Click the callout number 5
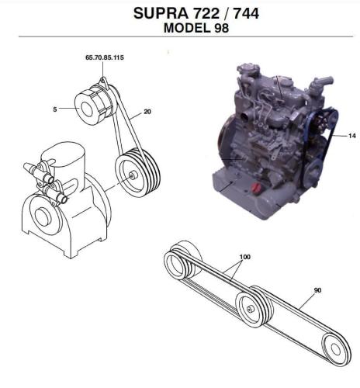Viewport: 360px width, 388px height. [x=55, y=109]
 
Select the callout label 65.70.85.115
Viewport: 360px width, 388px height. [x=105, y=57]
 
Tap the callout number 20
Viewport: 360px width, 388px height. [x=147, y=112]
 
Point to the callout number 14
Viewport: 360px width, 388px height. [x=352, y=136]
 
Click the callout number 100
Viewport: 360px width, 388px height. [x=245, y=257]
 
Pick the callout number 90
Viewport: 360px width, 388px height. [x=317, y=290]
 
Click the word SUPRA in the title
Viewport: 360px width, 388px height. [x=161, y=13]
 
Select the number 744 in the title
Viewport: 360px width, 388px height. [x=246, y=13]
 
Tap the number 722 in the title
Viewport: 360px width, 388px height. [x=206, y=13]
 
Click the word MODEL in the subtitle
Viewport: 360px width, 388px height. [x=187, y=28]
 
